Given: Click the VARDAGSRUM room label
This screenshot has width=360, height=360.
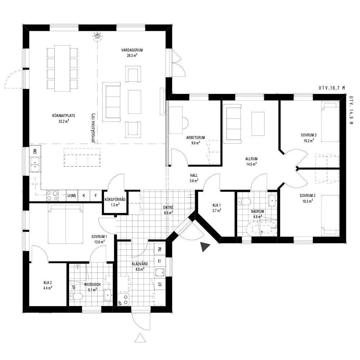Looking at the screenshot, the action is point(132,50).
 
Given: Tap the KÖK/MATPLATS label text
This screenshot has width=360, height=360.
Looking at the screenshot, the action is point(64,116).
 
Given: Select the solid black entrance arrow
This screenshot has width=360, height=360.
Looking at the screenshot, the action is point(204,247).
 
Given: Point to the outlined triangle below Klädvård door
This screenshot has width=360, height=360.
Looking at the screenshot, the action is point(140,338).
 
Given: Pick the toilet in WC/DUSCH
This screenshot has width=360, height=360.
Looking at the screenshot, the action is point(76,296).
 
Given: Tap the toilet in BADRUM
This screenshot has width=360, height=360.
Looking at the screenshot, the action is point(244,202).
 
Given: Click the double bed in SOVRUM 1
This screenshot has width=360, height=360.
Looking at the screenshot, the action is point(66,224).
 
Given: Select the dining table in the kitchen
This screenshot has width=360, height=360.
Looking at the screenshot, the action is point(62,68).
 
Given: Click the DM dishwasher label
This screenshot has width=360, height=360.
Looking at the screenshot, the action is point(35,151).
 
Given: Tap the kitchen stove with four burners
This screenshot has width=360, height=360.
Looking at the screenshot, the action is point(52,196).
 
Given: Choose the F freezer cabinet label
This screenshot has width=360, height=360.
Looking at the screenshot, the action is point(96,195).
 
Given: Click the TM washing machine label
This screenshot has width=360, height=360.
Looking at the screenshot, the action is point(160,249).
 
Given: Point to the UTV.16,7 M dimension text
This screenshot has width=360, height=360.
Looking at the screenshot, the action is point(332,88).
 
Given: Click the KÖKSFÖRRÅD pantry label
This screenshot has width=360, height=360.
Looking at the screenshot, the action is point(115,199).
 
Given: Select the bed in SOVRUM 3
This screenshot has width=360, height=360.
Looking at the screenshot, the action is point(330,122).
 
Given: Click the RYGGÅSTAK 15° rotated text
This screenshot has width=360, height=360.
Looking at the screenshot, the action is point(94,128).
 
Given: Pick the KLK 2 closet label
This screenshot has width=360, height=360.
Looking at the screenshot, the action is point(48,283).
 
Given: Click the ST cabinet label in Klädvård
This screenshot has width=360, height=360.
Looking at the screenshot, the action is point(160,284).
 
